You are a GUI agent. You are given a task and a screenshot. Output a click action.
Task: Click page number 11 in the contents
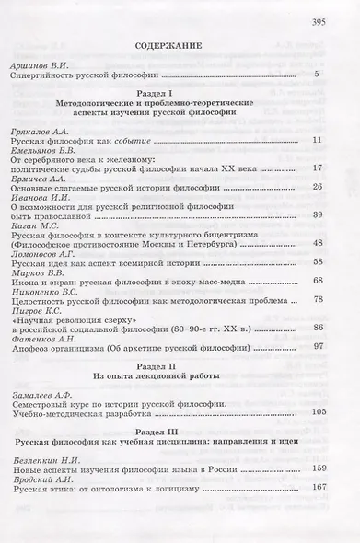pyautogui.click(x=316, y=141)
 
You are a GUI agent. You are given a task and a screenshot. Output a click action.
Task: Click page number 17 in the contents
pyautogui.click(x=316, y=170)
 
